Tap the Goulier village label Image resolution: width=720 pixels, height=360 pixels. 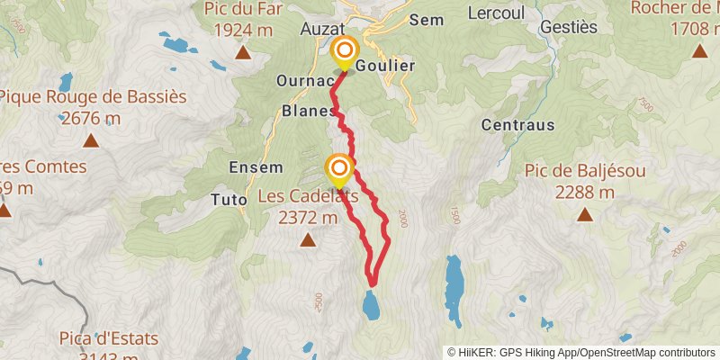point(385,67)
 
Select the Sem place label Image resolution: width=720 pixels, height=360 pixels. point(427,19)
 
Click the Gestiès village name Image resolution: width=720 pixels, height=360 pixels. point(568,27)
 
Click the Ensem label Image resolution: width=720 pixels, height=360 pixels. point(256,167)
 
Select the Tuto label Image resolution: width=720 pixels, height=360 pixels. point(229,198)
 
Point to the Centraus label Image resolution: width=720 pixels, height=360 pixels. point(517,124)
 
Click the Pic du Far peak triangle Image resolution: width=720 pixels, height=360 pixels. point(242,53)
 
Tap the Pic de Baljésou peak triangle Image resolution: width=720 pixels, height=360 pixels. point(585,215)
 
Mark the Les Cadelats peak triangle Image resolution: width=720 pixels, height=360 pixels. point(308,239)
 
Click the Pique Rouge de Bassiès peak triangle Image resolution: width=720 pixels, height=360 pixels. point(90,140)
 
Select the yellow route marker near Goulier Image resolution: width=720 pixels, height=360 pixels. point(344,52)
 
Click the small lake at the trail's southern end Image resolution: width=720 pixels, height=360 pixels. point(370,303)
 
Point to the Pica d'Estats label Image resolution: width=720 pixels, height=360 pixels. point(108,339)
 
